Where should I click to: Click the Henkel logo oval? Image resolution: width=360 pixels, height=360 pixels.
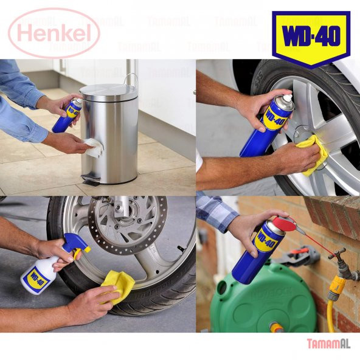[x=54, y=32]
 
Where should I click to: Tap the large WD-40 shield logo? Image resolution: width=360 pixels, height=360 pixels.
[x=310, y=37]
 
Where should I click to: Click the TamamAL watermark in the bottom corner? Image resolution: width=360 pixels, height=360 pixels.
[x=328, y=343]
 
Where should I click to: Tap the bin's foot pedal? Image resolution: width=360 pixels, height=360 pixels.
[x=90, y=181]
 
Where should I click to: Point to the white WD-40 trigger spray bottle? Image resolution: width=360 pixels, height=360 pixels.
[x=40, y=272]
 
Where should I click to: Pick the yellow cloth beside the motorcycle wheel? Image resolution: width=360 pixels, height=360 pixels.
[x=119, y=284]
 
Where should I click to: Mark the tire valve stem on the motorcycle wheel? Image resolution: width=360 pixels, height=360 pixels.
[x=181, y=248]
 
